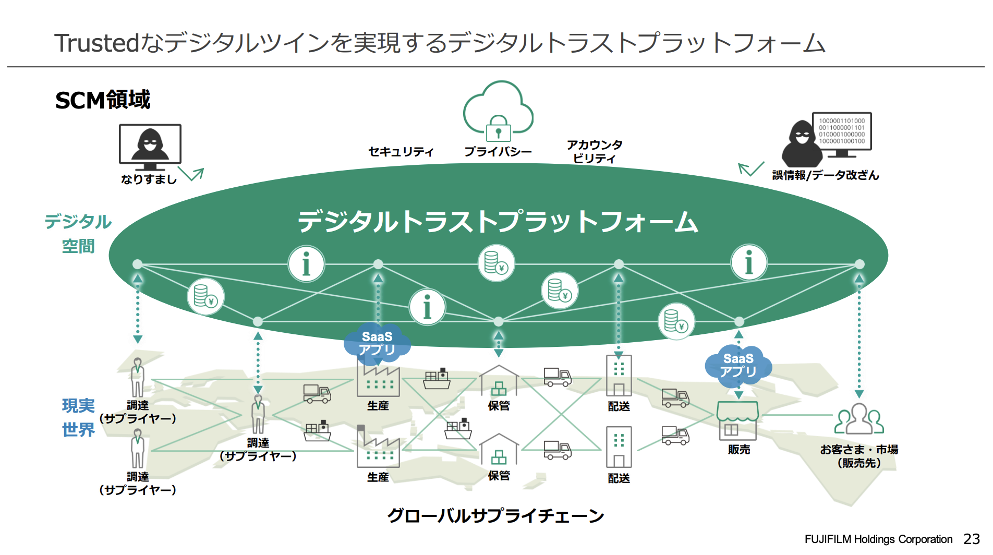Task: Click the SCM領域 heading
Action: tap(103, 100)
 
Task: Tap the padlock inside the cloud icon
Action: tap(498, 129)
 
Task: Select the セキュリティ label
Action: tap(401, 152)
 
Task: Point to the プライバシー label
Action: tap(498, 152)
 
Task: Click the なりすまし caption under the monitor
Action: tap(149, 179)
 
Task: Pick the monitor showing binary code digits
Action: tap(842, 131)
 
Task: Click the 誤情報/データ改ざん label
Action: tap(826, 175)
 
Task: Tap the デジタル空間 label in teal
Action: tap(78, 233)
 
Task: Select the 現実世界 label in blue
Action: tap(78, 417)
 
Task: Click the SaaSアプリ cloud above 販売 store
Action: tap(738, 365)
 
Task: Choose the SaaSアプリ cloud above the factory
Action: tap(377, 343)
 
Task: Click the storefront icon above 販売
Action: tap(737, 420)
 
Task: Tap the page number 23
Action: tap(972, 539)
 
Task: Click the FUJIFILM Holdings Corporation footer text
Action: tap(878, 539)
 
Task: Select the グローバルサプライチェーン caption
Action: tap(495, 516)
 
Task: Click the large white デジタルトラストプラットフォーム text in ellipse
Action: tap(498, 221)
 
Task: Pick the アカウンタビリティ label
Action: tap(595, 151)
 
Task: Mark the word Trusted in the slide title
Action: tap(97, 43)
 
